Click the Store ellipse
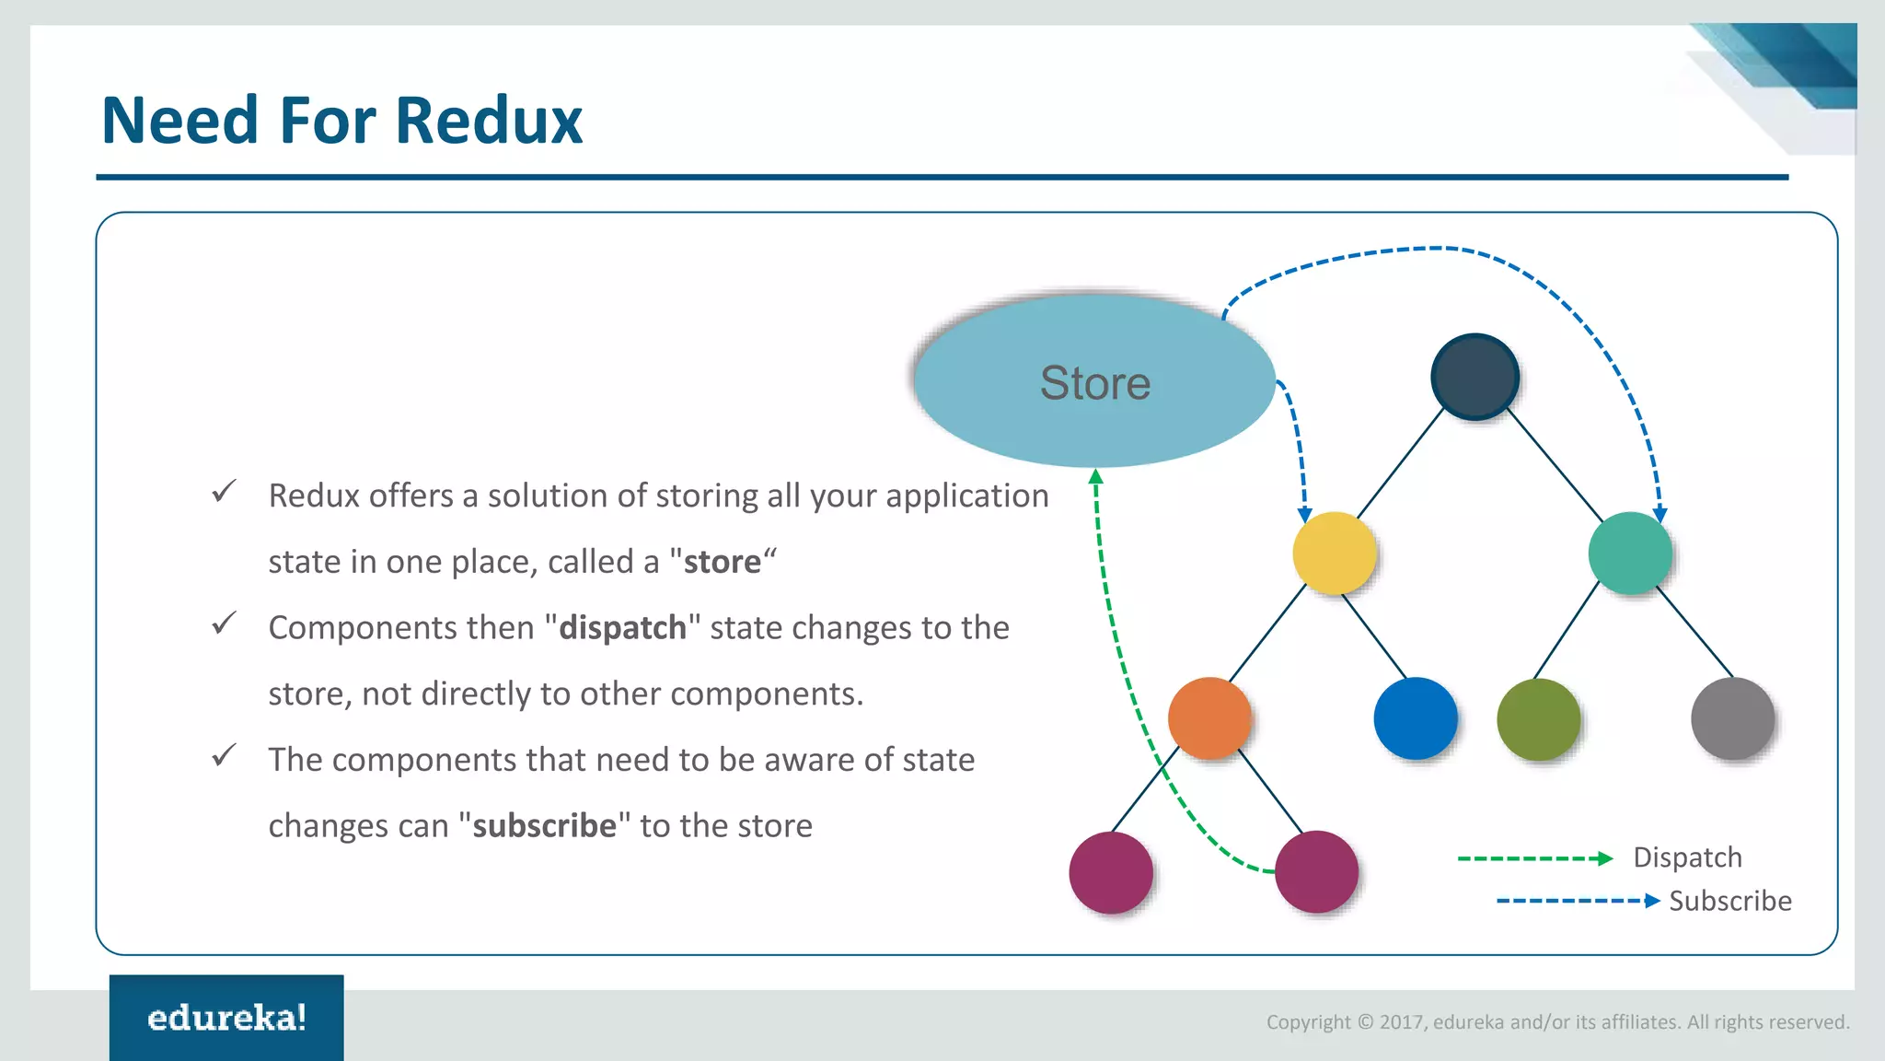tap(1094, 381)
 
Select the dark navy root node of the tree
tap(1474, 377)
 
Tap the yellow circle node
tap(1334, 553)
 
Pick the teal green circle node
tap(1630, 553)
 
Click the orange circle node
tap(1209, 718)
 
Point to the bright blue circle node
tap(1415, 718)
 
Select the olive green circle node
tap(1538, 719)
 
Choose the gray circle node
tap(1732, 718)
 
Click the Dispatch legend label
tap(1687, 857)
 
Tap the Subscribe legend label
tap(1730, 901)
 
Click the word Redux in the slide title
tap(490, 121)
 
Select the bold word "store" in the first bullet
tap(723, 562)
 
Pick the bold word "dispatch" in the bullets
tap(622, 628)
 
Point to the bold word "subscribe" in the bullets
tap(544, 826)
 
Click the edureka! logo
tap(226, 1018)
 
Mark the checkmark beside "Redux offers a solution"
tap(224, 492)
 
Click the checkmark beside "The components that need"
tap(224, 756)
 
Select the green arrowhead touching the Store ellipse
tap(1095, 477)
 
